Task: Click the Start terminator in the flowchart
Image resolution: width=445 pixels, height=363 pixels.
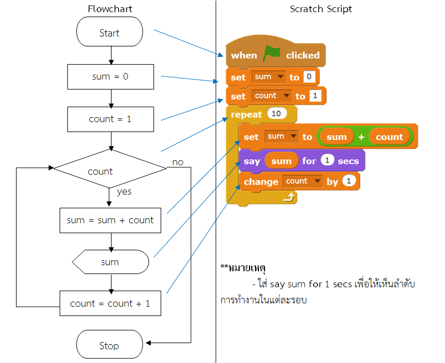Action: click(x=109, y=33)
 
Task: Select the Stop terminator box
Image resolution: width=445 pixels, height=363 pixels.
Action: click(x=109, y=345)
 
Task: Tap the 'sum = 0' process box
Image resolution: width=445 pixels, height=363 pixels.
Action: click(x=110, y=77)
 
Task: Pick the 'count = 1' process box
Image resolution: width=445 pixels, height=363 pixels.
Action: click(x=110, y=119)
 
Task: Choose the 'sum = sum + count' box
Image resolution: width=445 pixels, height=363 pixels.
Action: click(x=110, y=220)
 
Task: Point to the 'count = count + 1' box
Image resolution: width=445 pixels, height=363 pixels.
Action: click(x=110, y=303)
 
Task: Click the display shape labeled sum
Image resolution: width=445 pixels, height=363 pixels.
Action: click(x=110, y=262)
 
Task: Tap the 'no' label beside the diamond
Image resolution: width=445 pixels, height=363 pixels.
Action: click(x=178, y=162)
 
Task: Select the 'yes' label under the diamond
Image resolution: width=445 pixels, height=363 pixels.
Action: click(x=125, y=192)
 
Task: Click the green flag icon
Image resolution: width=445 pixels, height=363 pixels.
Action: click(x=271, y=54)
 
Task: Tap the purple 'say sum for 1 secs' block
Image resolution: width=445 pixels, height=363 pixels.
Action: click(x=301, y=161)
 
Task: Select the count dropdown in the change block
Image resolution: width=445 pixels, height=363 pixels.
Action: click(x=302, y=181)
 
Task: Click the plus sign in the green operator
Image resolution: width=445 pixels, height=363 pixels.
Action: click(x=361, y=137)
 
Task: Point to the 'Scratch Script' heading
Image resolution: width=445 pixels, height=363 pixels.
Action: click(x=321, y=9)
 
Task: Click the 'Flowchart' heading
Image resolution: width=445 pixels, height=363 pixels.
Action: click(x=110, y=9)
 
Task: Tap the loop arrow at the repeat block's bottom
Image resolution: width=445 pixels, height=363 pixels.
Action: click(x=289, y=197)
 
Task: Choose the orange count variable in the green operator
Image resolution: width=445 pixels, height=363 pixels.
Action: click(x=389, y=137)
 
